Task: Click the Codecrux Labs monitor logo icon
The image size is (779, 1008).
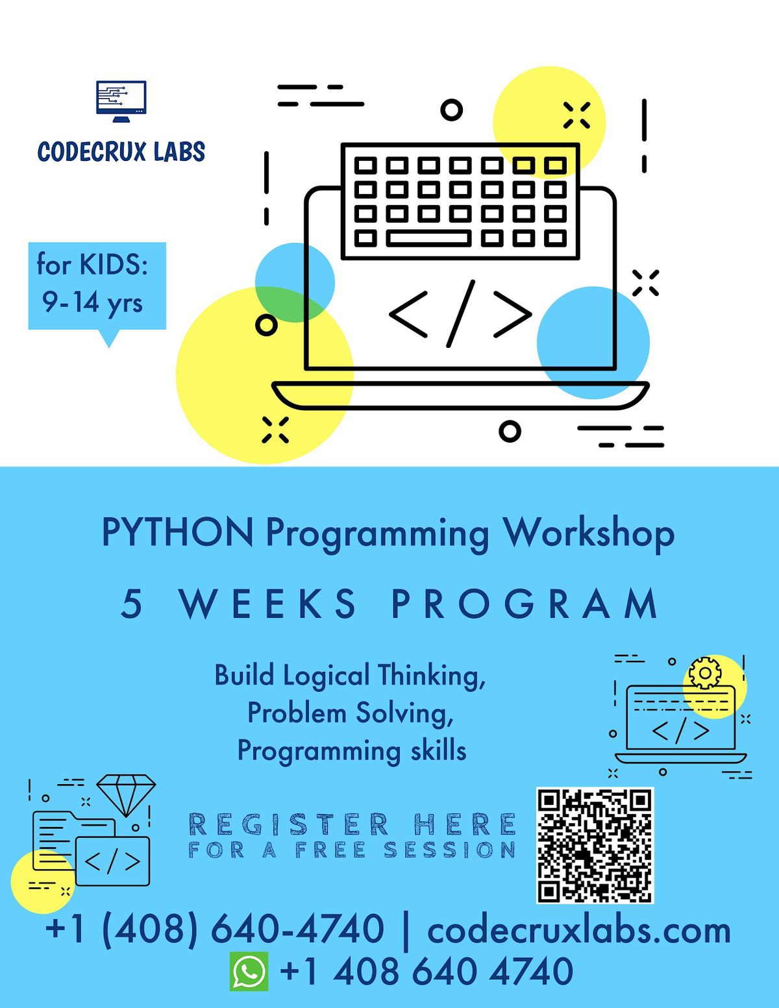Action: (x=121, y=101)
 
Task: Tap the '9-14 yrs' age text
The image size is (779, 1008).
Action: (x=92, y=302)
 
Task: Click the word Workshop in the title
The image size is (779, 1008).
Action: (x=589, y=534)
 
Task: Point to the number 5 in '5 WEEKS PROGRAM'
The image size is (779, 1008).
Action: (x=131, y=604)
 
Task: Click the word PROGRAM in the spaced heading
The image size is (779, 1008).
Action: (x=525, y=604)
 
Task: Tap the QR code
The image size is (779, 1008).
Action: (x=595, y=845)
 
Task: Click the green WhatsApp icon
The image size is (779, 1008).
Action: (x=249, y=972)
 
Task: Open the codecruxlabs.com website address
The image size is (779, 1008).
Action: (x=579, y=929)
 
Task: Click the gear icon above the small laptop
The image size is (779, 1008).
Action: (x=704, y=673)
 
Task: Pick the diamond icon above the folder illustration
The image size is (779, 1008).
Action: (x=126, y=794)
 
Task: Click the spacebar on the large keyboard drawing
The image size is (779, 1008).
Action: (x=428, y=238)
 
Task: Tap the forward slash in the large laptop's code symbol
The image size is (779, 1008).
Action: (x=461, y=313)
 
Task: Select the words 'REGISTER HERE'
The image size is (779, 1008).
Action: (x=352, y=824)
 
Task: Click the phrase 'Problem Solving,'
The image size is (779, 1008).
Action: (x=351, y=713)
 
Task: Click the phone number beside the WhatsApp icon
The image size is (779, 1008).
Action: (x=427, y=972)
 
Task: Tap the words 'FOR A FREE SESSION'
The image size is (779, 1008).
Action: (x=352, y=850)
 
